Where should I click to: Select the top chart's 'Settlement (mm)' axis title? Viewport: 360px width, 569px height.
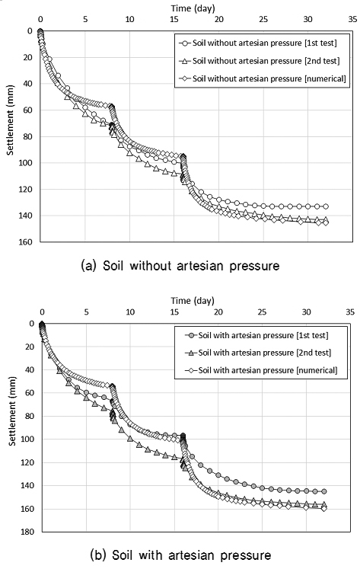coord(10,133)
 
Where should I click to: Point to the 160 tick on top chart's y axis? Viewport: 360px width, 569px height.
coord(27,242)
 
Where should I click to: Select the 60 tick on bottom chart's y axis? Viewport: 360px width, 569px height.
coord(30,393)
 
